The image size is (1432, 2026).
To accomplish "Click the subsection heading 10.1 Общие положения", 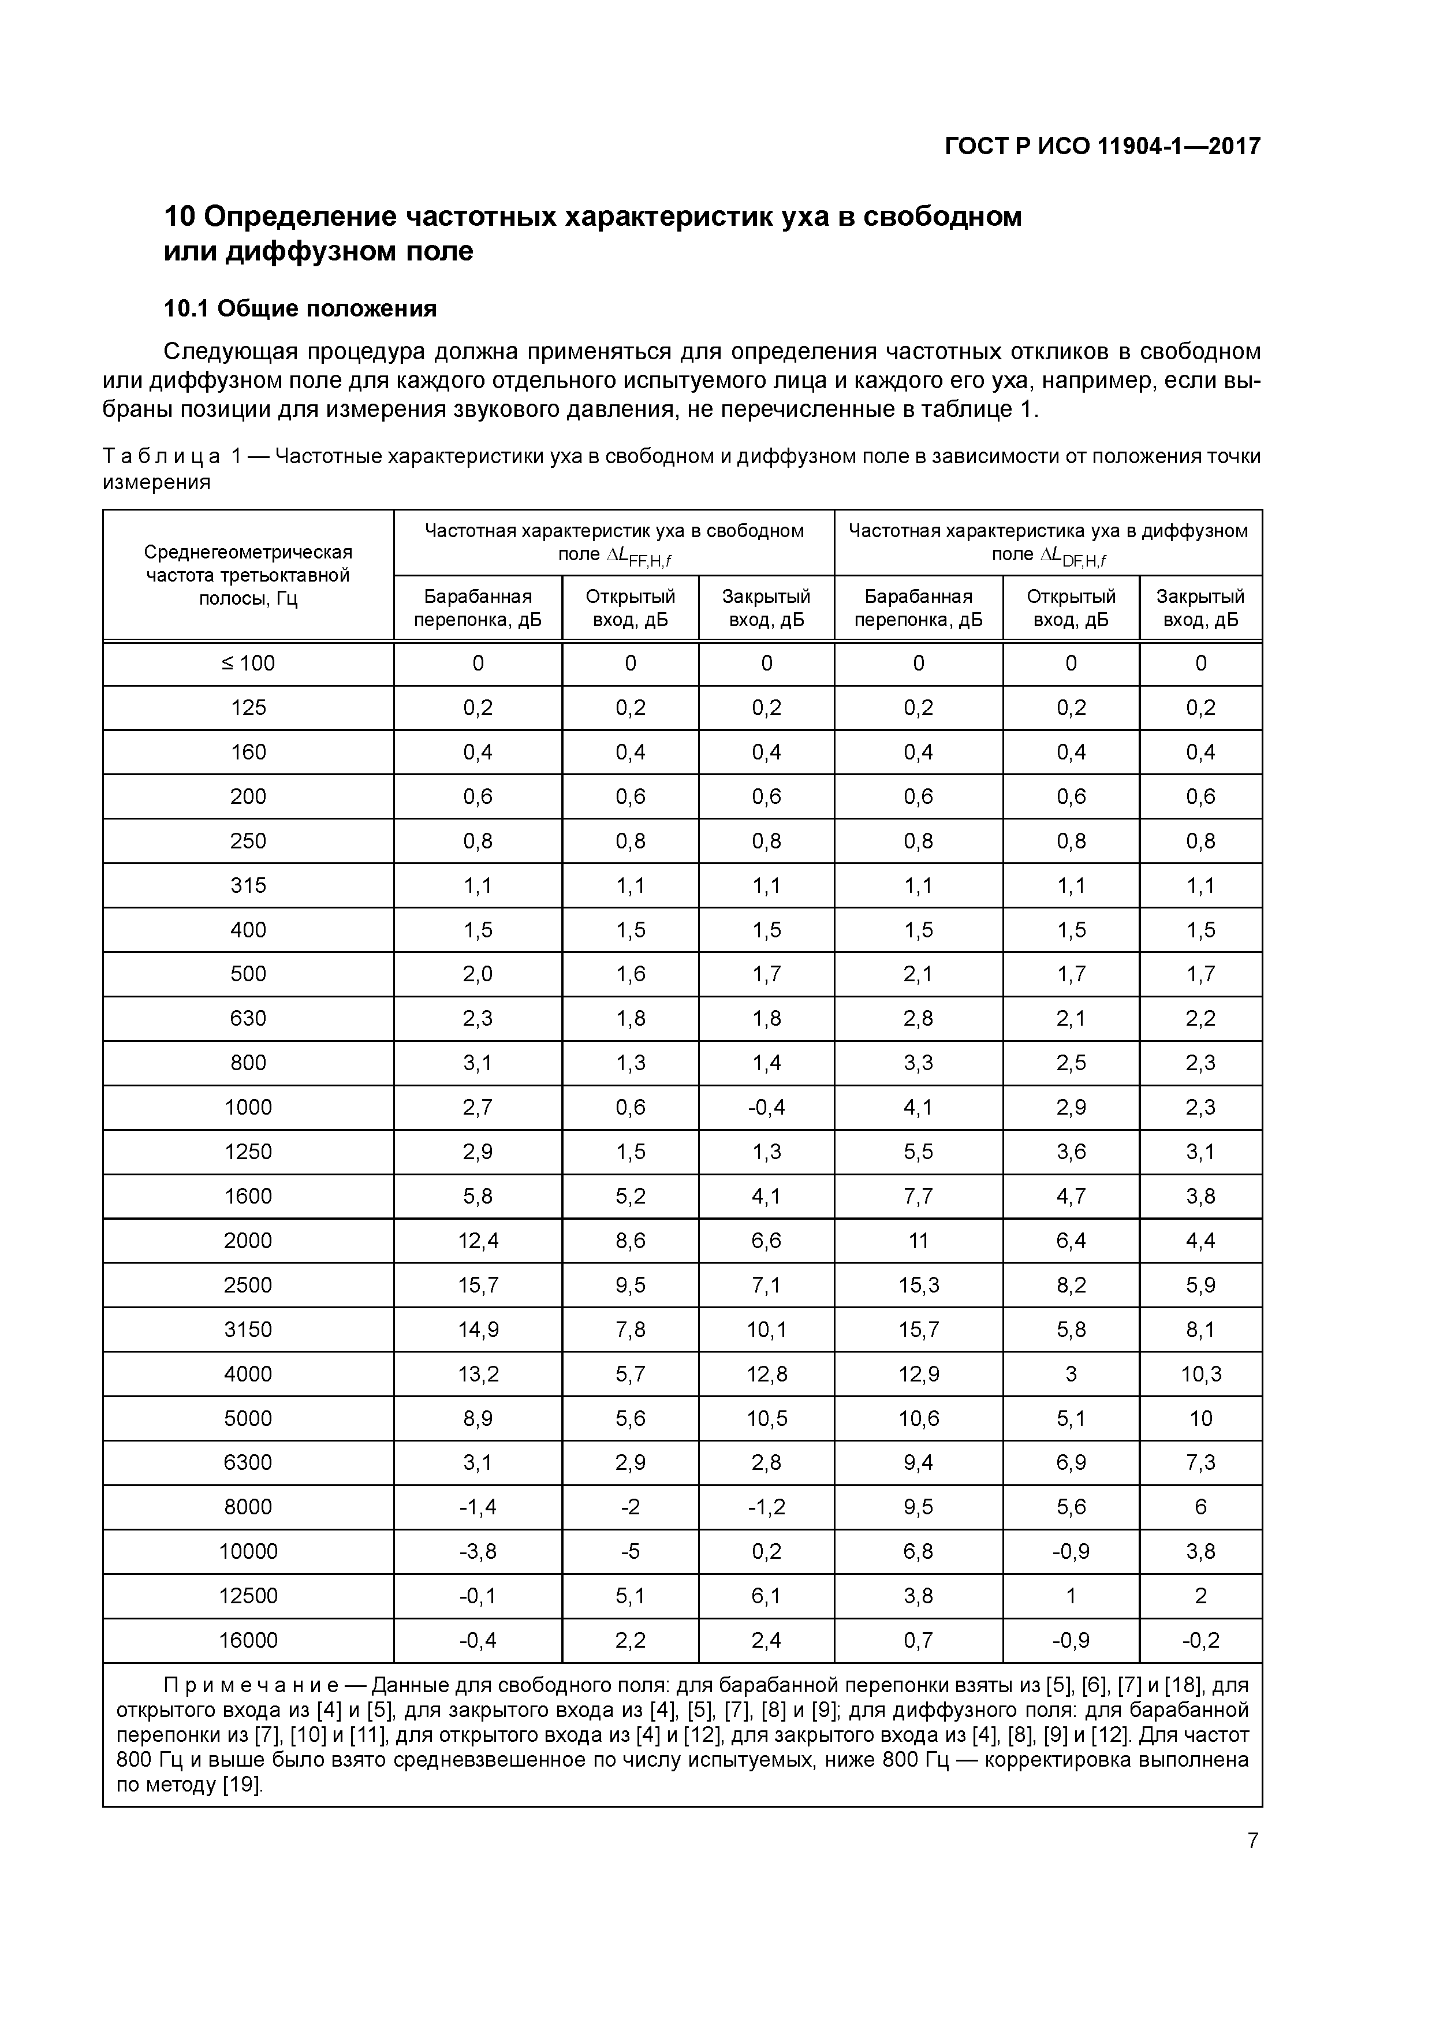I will [300, 309].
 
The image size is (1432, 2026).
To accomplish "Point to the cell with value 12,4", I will [478, 1241].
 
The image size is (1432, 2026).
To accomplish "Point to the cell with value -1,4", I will [478, 1507].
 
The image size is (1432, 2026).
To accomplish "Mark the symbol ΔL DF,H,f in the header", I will [1073, 556].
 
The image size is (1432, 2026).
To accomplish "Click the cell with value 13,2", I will [478, 1374].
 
